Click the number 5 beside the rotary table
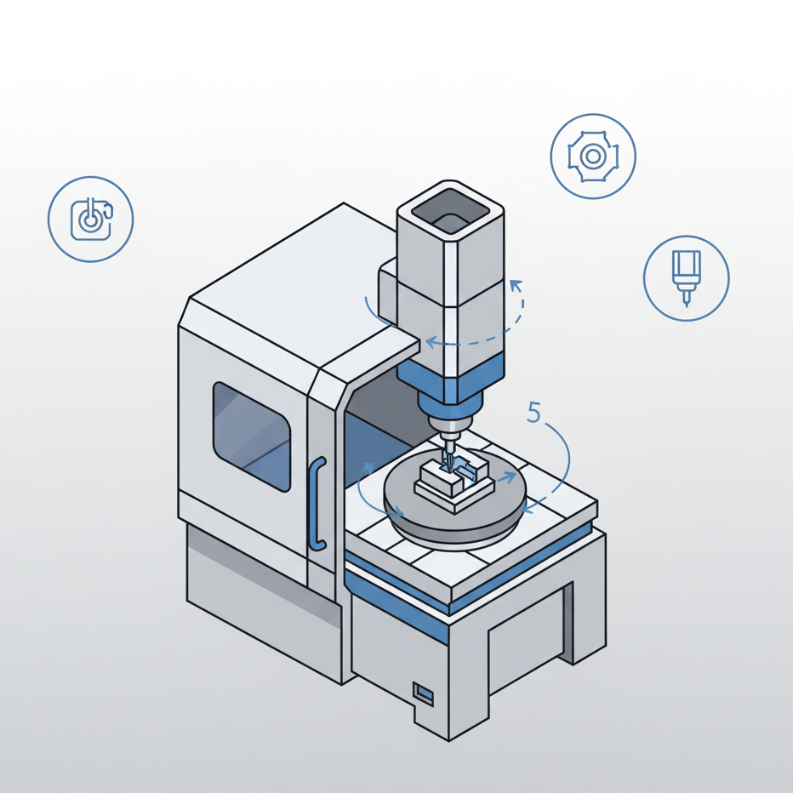[533, 412]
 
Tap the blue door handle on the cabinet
[317, 503]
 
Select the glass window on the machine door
[251, 436]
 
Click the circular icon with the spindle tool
[687, 278]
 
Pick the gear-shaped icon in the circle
[593, 157]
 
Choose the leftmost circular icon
[91, 219]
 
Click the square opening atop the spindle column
[450, 211]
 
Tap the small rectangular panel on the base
[424, 694]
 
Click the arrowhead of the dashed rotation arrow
[516, 286]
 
